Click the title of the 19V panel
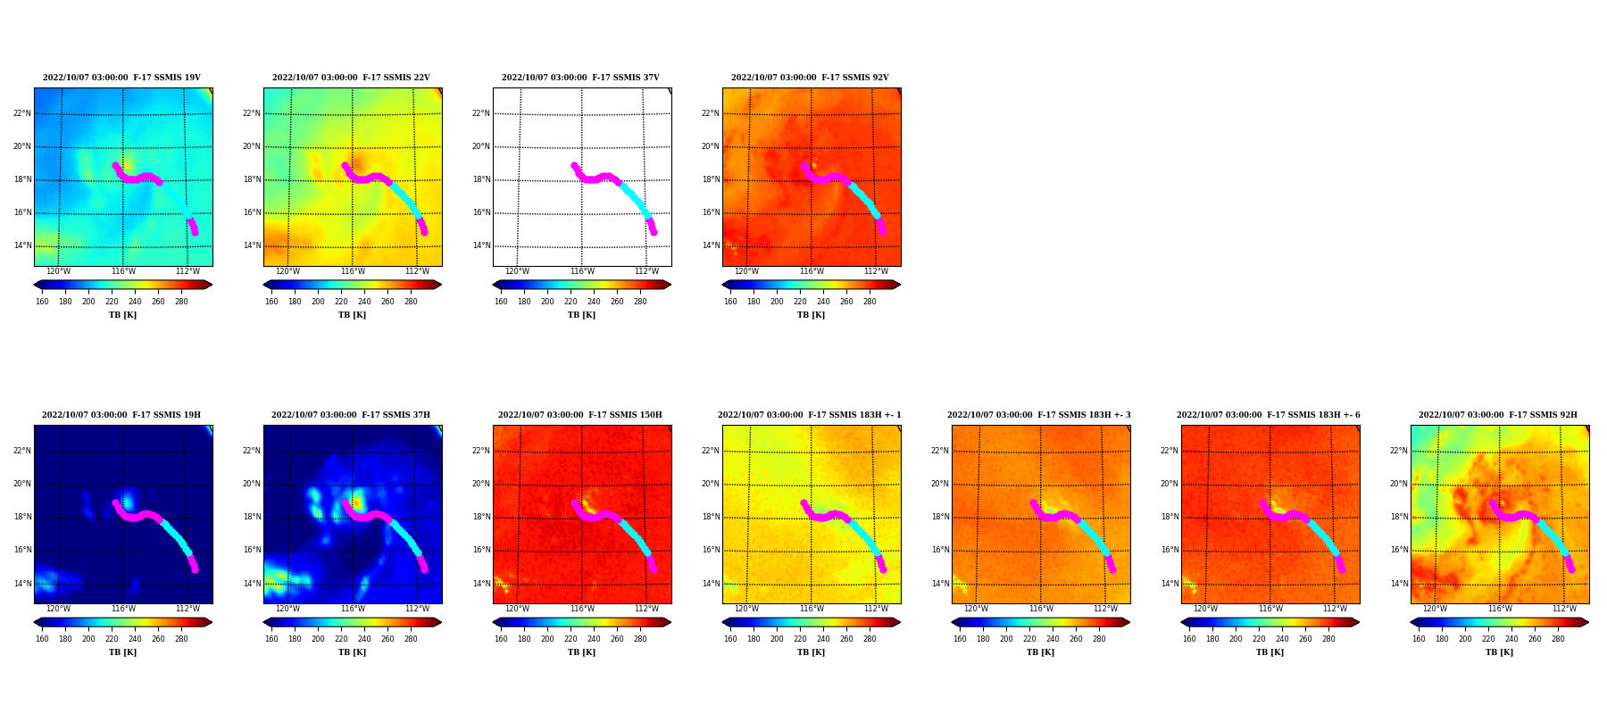pyautogui.click(x=121, y=78)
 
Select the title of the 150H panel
pyautogui.click(x=580, y=415)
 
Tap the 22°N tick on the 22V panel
pyautogui.click(x=252, y=113)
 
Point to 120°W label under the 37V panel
pyautogui.click(x=517, y=271)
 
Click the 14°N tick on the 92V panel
pyautogui.click(x=711, y=245)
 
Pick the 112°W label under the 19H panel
pyautogui.click(x=187, y=609)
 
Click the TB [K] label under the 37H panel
pyautogui.click(x=352, y=652)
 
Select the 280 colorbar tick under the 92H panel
pyautogui.click(x=1558, y=639)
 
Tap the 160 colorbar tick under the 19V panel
pyautogui.click(x=42, y=302)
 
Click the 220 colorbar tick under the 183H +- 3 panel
pyautogui.click(x=1029, y=639)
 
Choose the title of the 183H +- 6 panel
pyautogui.click(x=1269, y=415)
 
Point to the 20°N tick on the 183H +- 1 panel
pyautogui.click(x=711, y=484)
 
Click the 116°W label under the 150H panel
pyautogui.click(x=582, y=609)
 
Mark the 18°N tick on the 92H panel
pyautogui.click(x=1399, y=517)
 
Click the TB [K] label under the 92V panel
pyautogui.click(x=811, y=315)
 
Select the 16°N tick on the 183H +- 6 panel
pyautogui.click(x=1170, y=550)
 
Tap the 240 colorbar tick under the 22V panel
pyautogui.click(x=364, y=302)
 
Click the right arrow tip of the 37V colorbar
pyautogui.click(x=671, y=285)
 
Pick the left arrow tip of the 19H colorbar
pyautogui.click(x=34, y=622)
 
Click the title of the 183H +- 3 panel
pyautogui.click(x=1039, y=415)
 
